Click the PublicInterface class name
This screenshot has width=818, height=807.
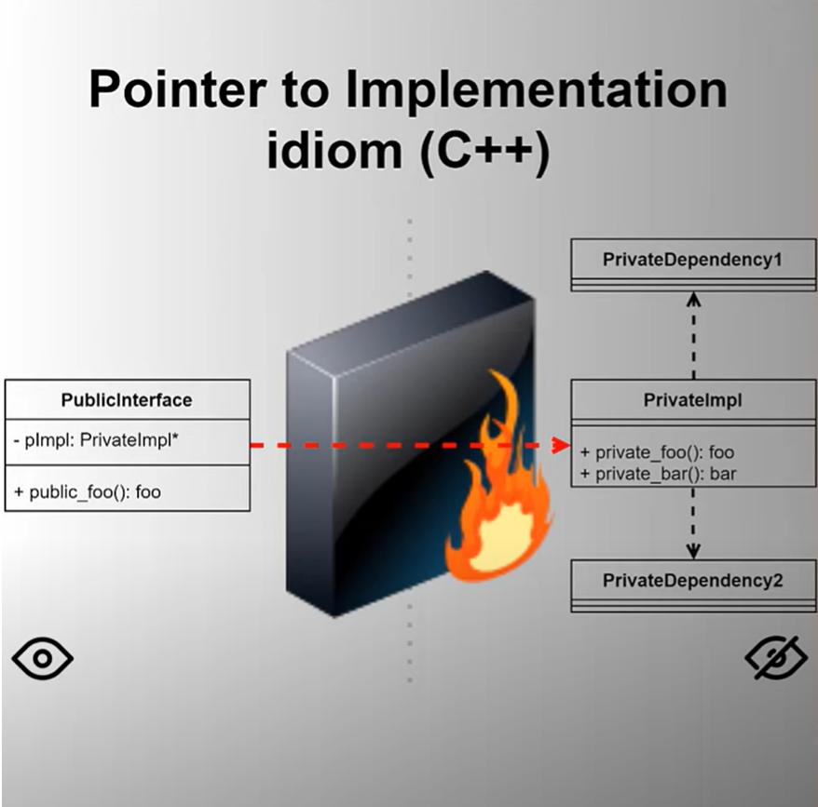pyautogui.click(x=127, y=400)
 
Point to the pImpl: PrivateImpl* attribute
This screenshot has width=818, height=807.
pyautogui.click(x=97, y=441)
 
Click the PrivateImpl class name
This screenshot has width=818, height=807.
pyautogui.click(x=692, y=400)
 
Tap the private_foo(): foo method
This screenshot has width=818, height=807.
pyautogui.click(x=657, y=452)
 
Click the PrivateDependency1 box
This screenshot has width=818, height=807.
pyautogui.click(x=692, y=261)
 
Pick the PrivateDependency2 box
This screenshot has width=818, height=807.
pyautogui.click(x=692, y=582)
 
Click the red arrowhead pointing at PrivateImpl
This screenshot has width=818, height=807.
pyautogui.click(x=561, y=446)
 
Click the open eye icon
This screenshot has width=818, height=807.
pyautogui.click(x=43, y=659)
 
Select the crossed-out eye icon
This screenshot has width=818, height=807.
pyautogui.click(x=775, y=659)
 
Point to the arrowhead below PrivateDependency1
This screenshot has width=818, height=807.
pyautogui.click(x=693, y=299)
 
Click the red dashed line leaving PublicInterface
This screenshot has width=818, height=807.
pyautogui.click(x=270, y=446)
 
